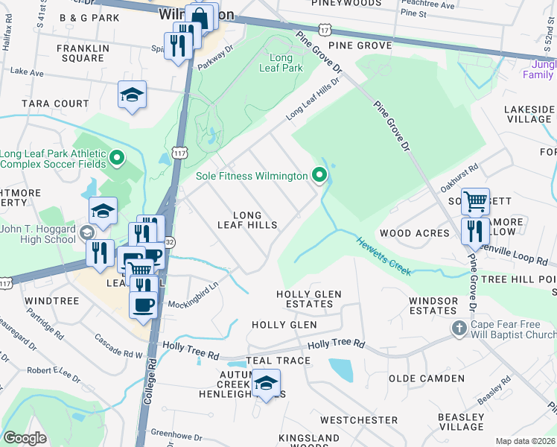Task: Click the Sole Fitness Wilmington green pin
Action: (x=320, y=176)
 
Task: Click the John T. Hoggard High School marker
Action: (x=87, y=232)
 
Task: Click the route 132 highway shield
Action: (x=170, y=242)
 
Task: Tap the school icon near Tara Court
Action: (x=132, y=95)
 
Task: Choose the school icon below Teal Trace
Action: (x=266, y=383)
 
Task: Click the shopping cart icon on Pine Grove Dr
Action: (x=474, y=200)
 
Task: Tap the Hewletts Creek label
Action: (x=383, y=256)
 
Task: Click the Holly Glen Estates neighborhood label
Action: (x=308, y=299)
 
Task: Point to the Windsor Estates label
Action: (x=433, y=305)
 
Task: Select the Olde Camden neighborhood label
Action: (x=426, y=378)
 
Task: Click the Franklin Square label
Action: (x=83, y=53)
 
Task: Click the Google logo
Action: (x=25, y=438)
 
